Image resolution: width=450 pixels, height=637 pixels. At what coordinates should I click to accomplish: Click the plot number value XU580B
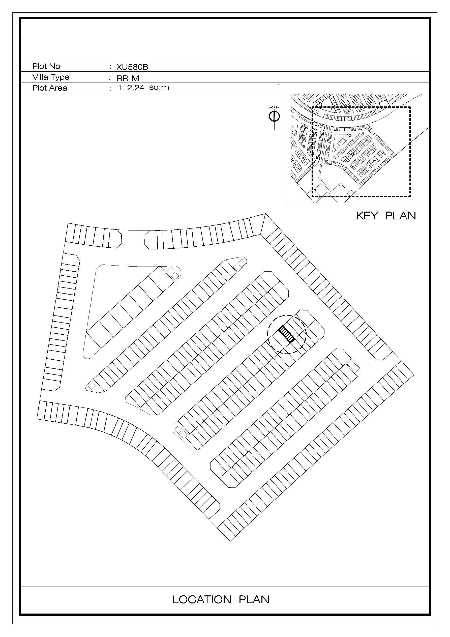[x=132, y=67]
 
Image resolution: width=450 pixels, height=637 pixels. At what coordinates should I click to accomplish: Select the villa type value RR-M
[x=128, y=78]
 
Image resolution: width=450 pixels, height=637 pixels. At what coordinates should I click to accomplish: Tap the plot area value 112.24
[x=131, y=88]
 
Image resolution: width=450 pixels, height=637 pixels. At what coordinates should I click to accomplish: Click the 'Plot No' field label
[x=46, y=66]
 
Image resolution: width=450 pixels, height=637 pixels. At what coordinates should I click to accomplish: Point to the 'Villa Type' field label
[x=51, y=77]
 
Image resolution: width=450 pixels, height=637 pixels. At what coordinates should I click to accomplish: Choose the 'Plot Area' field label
[x=50, y=88]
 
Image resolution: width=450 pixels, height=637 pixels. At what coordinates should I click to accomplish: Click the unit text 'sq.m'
[x=159, y=88]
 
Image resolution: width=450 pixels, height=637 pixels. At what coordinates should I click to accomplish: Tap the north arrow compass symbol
[x=274, y=116]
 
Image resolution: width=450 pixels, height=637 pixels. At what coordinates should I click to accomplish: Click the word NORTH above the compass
[x=274, y=107]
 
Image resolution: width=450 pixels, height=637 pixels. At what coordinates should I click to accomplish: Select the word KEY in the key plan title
[x=367, y=216]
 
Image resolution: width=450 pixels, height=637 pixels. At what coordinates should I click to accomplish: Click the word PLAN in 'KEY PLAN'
[x=401, y=216]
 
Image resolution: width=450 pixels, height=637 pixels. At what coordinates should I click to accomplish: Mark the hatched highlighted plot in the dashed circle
[x=287, y=334]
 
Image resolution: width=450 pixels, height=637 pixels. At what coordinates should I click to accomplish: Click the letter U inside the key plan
[x=353, y=154]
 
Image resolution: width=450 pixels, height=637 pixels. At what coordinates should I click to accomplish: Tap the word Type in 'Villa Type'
[x=61, y=78]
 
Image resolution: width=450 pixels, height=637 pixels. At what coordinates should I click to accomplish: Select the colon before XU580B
[x=110, y=67]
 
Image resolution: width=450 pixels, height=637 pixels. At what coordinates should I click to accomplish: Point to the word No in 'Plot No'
[x=55, y=66]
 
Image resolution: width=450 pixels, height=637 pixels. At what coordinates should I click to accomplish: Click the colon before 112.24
[x=110, y=89]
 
